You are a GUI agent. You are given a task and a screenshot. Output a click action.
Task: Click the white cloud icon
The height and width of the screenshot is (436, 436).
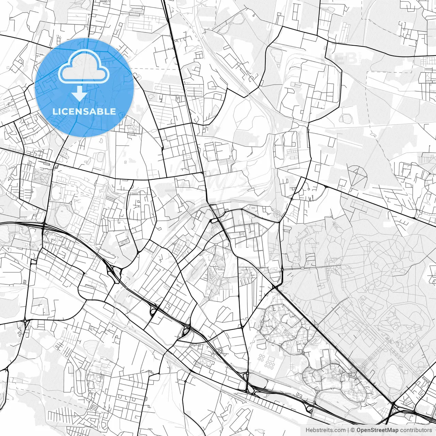84,66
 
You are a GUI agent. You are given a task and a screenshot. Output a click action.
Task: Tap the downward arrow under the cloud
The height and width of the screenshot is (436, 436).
80,93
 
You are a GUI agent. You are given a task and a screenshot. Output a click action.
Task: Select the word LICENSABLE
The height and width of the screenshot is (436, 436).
84,111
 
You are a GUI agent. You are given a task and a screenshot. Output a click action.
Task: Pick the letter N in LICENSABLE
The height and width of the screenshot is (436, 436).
79,111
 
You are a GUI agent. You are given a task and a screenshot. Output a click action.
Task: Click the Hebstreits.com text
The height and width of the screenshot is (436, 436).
325,430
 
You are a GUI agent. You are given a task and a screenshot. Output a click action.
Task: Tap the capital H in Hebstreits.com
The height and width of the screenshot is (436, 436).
308,430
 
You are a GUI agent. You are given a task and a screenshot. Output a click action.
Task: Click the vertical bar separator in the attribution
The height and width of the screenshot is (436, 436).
348,430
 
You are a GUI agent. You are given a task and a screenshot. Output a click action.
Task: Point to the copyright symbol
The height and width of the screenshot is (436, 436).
353,430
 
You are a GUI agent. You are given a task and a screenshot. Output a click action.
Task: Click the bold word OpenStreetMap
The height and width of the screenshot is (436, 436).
377,430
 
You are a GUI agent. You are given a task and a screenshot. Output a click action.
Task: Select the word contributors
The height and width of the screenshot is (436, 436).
416,430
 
